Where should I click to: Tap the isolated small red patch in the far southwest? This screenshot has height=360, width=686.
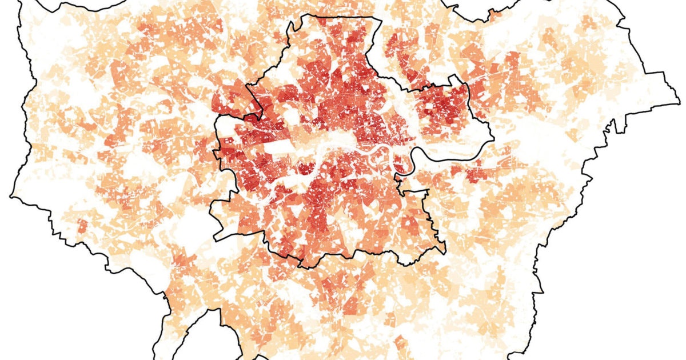click(x=82, y=226)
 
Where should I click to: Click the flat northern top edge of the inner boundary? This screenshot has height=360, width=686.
click(x=337, y=16)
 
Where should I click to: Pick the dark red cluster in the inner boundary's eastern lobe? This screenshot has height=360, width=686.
click(x=443, y=106)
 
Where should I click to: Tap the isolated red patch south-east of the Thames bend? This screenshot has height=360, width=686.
click(x=474, y=171)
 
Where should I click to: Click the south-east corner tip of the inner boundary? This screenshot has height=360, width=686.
click(x=444, y=251)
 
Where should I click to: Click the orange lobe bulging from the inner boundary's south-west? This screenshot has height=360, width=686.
click(x=229, y=220)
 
